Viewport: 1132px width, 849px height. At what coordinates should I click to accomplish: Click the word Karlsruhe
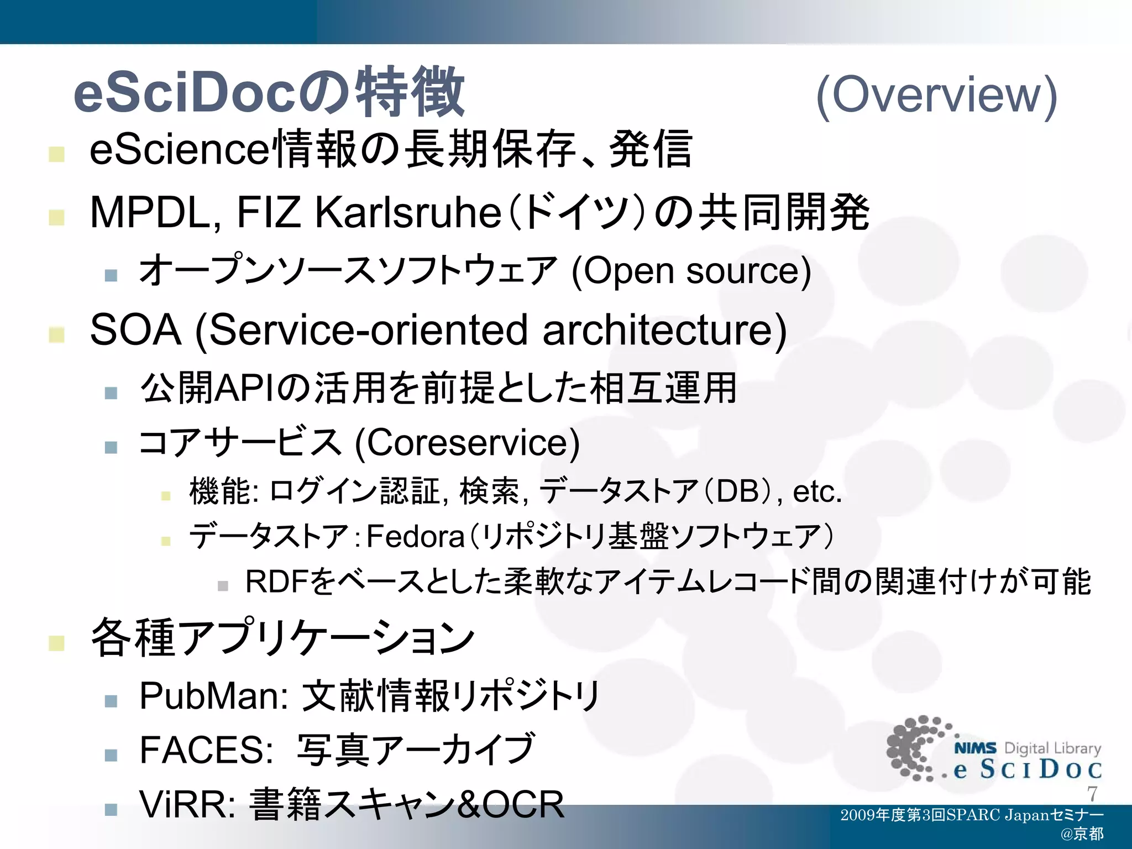[x=408, y=213]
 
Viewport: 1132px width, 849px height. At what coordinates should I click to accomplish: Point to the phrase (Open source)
[x=691, y=271]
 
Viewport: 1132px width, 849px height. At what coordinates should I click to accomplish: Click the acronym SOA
[x=135, y=330]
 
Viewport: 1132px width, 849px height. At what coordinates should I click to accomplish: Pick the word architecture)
[x=664, y=330]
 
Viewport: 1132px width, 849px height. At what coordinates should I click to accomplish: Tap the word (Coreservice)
[x=467, y=443]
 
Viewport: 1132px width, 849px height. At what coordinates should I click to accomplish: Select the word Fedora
[x=415, y=536]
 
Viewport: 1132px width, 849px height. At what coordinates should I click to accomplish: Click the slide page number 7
[x=1092, y=794]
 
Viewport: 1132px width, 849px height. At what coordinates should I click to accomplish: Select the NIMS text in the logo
[x=975, y=748]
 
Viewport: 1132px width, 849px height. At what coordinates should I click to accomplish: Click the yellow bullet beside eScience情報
[x=56, y=154]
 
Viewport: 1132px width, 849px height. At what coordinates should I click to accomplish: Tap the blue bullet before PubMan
[x=111, y=701]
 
